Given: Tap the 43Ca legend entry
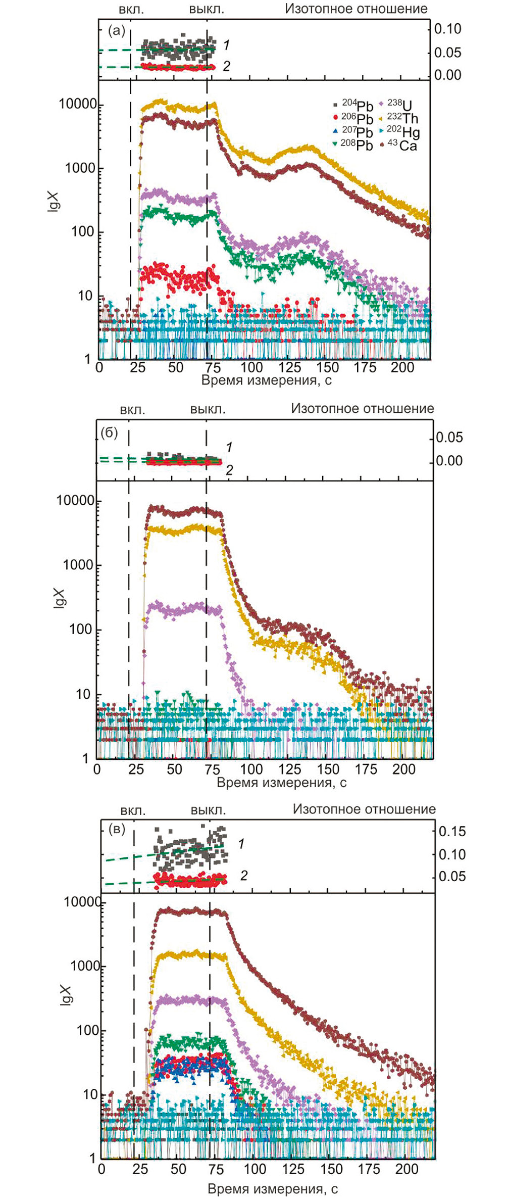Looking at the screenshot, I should point(402,146).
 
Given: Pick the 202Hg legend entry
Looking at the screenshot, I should point(403,132).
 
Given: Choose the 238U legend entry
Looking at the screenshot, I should point(399,105).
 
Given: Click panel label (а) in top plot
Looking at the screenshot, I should point(117,31).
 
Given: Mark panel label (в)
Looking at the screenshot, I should point(117,829).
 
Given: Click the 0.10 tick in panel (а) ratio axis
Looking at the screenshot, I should point(448,29).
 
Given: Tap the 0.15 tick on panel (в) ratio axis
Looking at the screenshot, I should point(452,831).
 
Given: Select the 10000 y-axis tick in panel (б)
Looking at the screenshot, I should point(75,500).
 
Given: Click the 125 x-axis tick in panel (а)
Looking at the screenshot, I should point(289,367).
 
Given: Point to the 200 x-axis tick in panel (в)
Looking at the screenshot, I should point(407,1169).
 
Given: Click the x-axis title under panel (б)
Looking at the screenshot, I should point(281,783).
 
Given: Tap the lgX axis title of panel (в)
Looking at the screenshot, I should point(66,995).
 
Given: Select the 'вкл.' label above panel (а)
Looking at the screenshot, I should point(131,9).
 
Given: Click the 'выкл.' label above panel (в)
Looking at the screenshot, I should point(208,810).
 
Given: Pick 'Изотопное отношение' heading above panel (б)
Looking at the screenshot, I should point(362,408).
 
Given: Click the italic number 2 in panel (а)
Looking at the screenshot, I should point(227,66).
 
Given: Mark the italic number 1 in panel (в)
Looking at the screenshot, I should point(241,844).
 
